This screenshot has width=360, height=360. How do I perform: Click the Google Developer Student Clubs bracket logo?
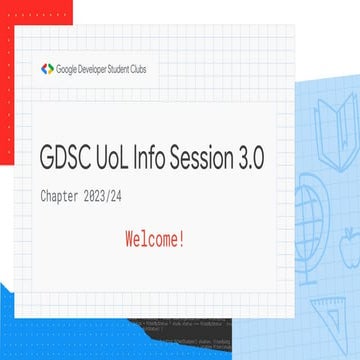[x=47, y=69]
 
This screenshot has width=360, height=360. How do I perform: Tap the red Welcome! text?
[x=155, y=240]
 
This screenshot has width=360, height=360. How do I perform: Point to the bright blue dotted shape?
[x=30, y=325]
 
